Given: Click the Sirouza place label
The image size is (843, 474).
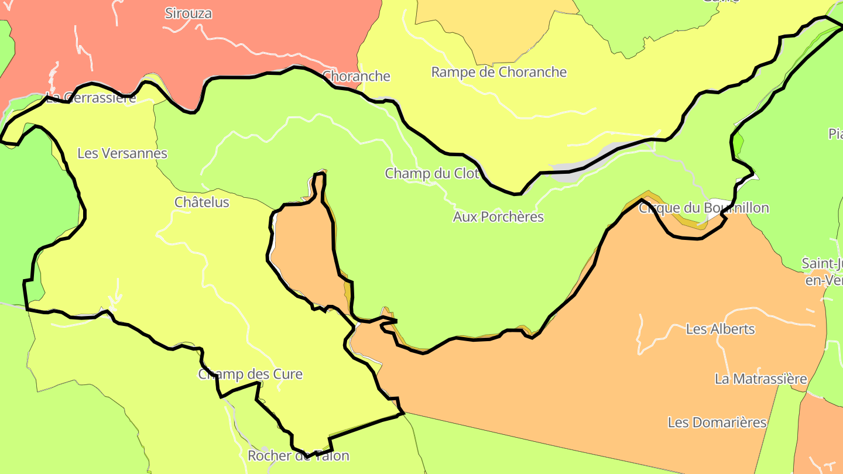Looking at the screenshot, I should pyautogui.click(x=188, y=13).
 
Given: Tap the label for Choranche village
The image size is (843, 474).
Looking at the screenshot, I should pyautogui.click(x=356, y=76).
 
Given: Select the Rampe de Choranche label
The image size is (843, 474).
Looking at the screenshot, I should pyautogui.click(x=499, y=72).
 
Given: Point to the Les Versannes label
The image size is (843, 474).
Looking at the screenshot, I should pyautogui.click(x=122, y=153).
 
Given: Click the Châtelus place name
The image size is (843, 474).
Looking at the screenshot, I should pyautogui.click(x=202, y=202).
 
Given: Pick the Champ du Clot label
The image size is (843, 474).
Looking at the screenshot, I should pyautogui.click(x=431, y=173).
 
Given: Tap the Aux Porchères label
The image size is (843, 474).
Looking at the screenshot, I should pyautogui.click(x=498, y=217).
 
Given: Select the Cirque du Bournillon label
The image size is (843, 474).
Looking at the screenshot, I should pyautogui.click(x=703, y=208).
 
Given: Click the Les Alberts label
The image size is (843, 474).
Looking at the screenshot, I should pyautogui.click(x=720, y=329).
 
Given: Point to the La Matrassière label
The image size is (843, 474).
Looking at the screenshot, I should pyautogui.click(x=760, y=379).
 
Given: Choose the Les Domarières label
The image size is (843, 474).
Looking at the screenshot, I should pyautogui.click(x=717, y=422).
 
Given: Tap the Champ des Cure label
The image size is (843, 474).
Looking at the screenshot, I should pyautogui.click(x=250, y=374).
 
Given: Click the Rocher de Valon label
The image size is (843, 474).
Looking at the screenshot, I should pyautogui.click(x=298, y=455).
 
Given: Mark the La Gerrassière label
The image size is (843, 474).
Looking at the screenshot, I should pyautogui.click(x=91, y=98).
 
